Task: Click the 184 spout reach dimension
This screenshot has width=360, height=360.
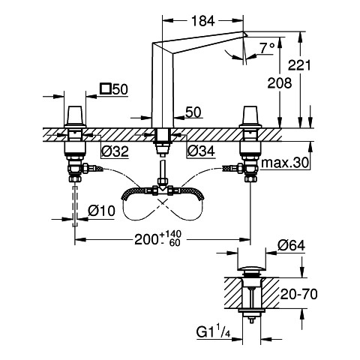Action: [203, 21]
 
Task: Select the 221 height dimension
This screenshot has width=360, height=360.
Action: [299, 65]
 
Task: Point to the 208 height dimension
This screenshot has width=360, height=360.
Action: [280, 83]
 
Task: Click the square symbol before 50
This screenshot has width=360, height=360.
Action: [105, 89]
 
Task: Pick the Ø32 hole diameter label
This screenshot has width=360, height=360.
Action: [115, 151]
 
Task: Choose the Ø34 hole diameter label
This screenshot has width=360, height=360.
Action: [201, 151]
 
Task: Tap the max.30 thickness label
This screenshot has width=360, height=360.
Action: [285, 163]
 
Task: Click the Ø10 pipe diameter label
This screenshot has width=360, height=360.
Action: [101, 211]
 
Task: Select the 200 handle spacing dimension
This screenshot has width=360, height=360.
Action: [146, 239]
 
